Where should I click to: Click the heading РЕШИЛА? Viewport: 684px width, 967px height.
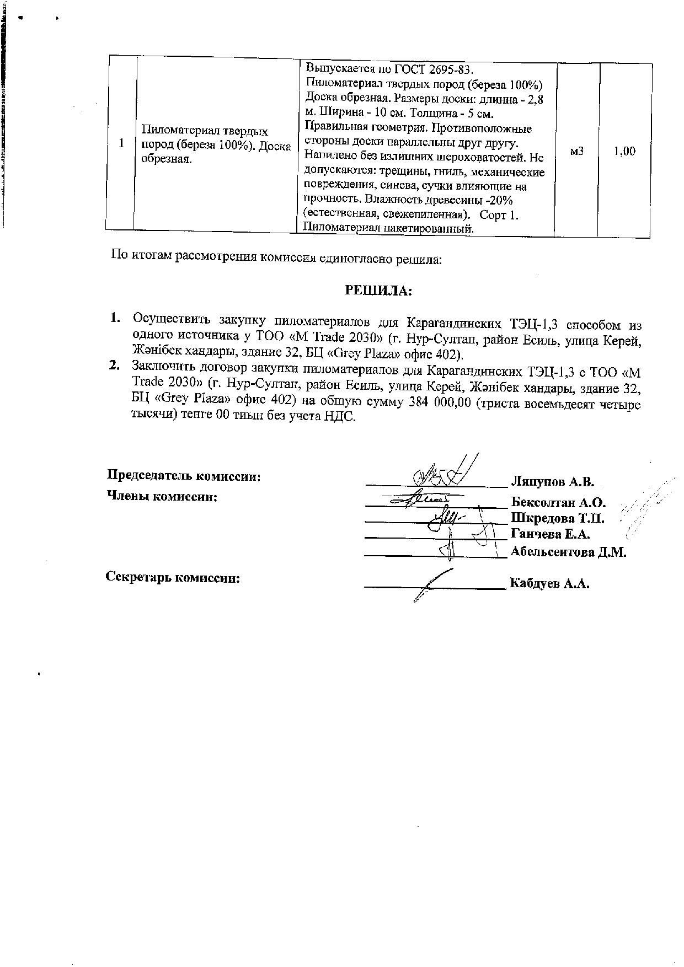pyautogui.click(x=378, y=291)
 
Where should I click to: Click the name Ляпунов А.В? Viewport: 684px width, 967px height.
pyautogui.click(x=552, y=482)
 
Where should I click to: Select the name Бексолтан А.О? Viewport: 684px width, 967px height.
pyautogui.click(x=558, y=502)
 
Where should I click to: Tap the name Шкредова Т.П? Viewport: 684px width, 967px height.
pyautogui.click(x=558, y=518)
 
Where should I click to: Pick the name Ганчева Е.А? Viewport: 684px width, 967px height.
pyautogui.click(x=551, y=534)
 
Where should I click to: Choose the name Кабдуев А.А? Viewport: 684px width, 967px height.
pyautogui.click(x=549, y=583)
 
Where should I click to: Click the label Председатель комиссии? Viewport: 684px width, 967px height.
pyautogui.click(x=183, y=476)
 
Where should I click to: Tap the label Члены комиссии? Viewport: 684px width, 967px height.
pyautogui.click(x=162, y=496)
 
